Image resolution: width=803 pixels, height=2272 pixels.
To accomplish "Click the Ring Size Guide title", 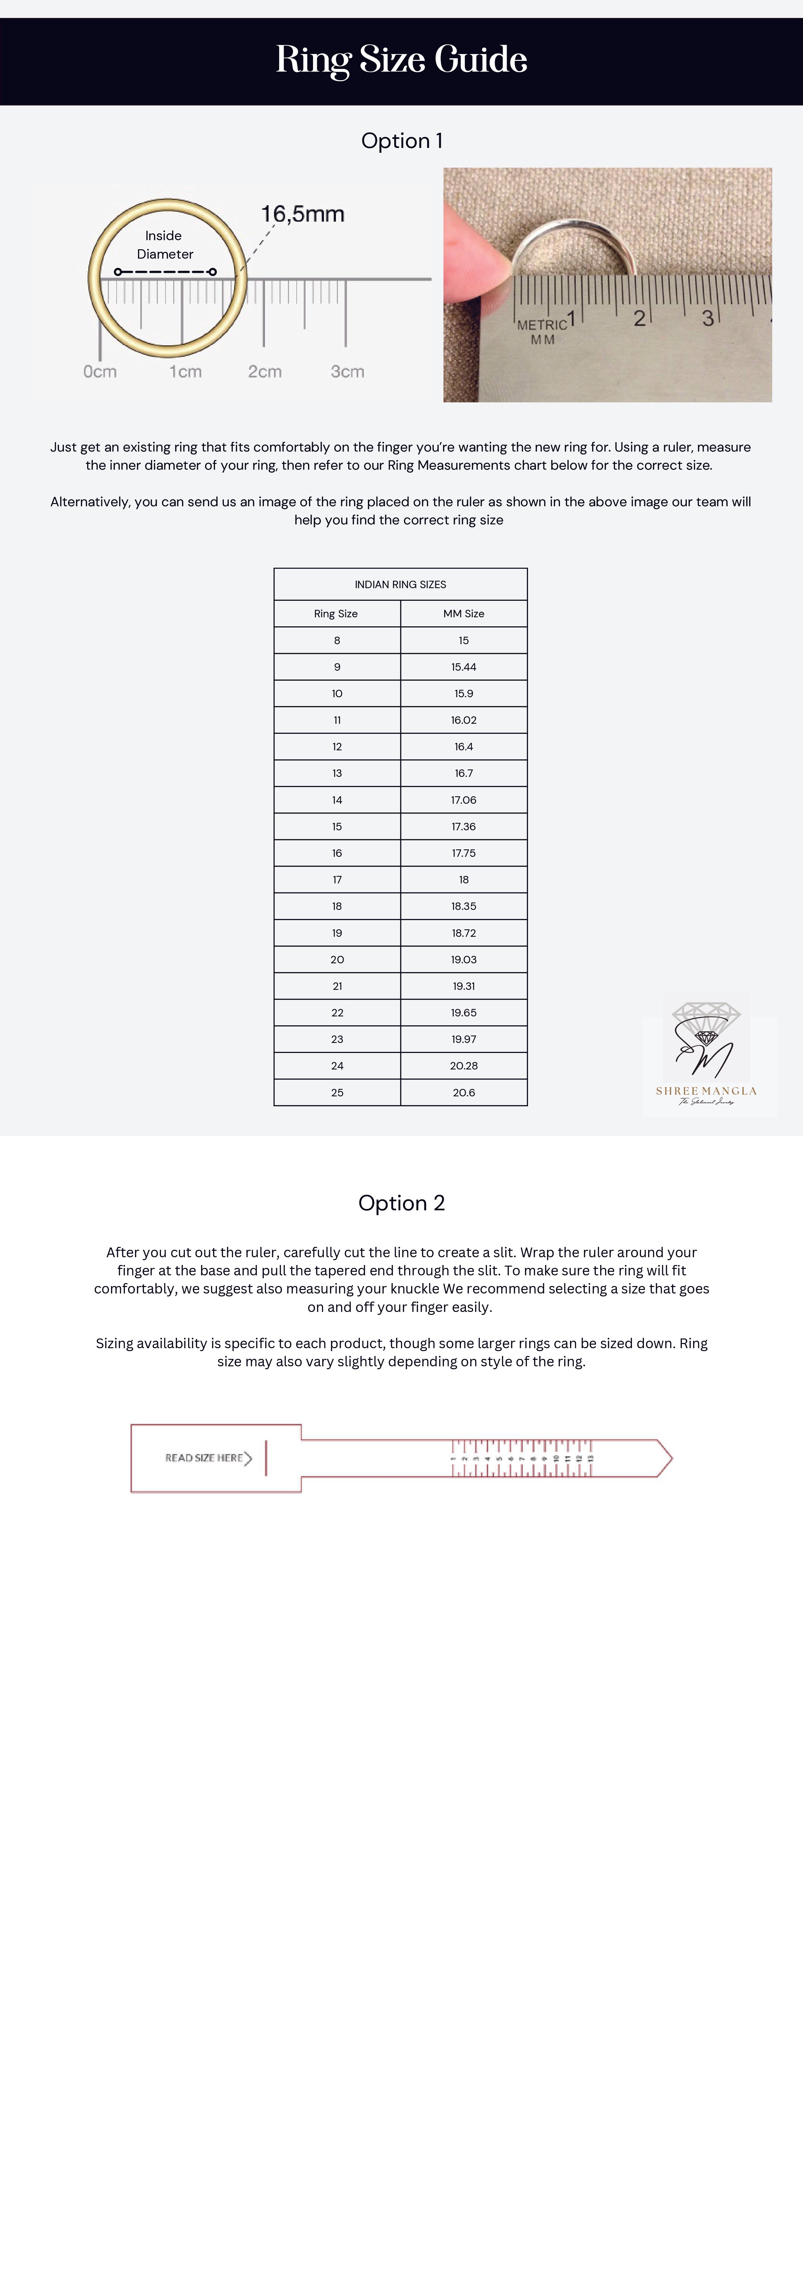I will point(402,60).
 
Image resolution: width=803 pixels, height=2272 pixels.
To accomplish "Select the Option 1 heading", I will point(402,141).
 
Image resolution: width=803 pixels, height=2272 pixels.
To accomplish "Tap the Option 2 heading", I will point(402,1203).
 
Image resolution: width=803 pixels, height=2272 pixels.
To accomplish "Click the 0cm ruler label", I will point(100,371).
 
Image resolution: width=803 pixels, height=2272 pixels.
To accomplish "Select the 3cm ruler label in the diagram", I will point(347,371).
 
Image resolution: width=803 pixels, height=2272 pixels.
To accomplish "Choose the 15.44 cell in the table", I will point(463,667).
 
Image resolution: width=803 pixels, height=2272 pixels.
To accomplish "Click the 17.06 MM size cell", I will point(463,800).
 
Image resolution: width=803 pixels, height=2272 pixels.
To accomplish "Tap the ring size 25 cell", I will point(337,1092).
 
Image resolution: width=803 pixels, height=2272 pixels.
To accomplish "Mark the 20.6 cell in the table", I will point(463,1092).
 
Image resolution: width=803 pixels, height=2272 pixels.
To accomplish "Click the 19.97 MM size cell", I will point(463,1039).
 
